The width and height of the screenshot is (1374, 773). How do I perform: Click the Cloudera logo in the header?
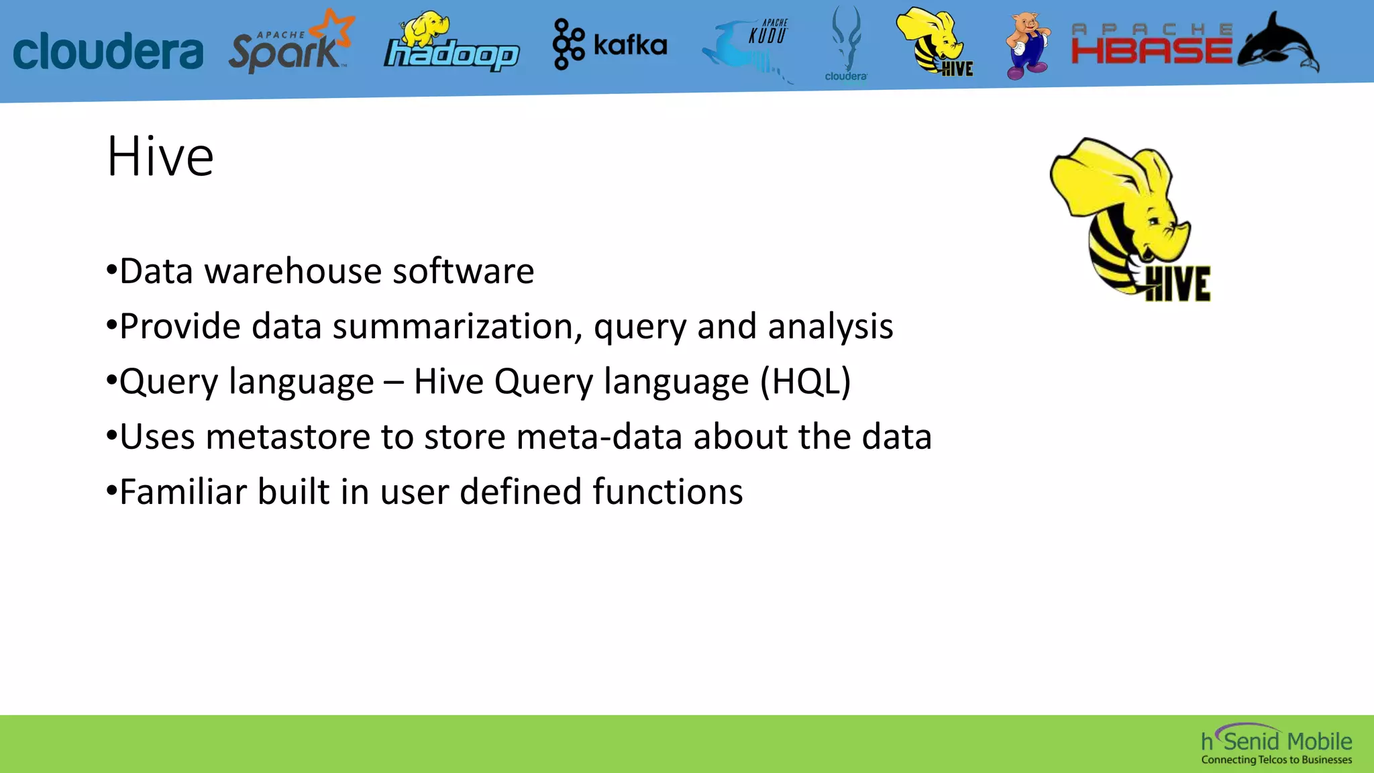pyautogui.click(x=107, y=51)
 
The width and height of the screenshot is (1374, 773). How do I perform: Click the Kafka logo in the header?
pyautogui.click(x=609, y=44)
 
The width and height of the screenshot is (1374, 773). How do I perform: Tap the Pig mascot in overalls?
pyautogui.click(x=1026, y=46)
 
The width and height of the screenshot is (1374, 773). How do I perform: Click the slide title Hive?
pyautogui.click(x=160, y=157)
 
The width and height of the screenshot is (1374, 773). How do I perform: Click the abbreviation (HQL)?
pyautogui.click(x=805, y=382)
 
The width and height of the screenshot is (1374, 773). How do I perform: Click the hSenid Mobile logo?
pyautogui.click(x=1276, y=740)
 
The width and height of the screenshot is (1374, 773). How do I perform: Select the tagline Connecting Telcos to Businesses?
pyautogui.click(x=1276, y=760)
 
